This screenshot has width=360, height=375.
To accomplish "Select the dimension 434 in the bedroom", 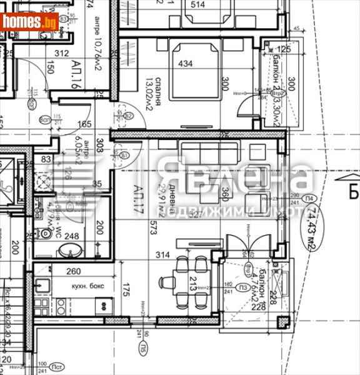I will click(186, 64).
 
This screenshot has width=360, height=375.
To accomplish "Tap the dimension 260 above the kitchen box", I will click(73, 271).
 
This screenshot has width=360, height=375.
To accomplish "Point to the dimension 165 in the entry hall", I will click(84, 124).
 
